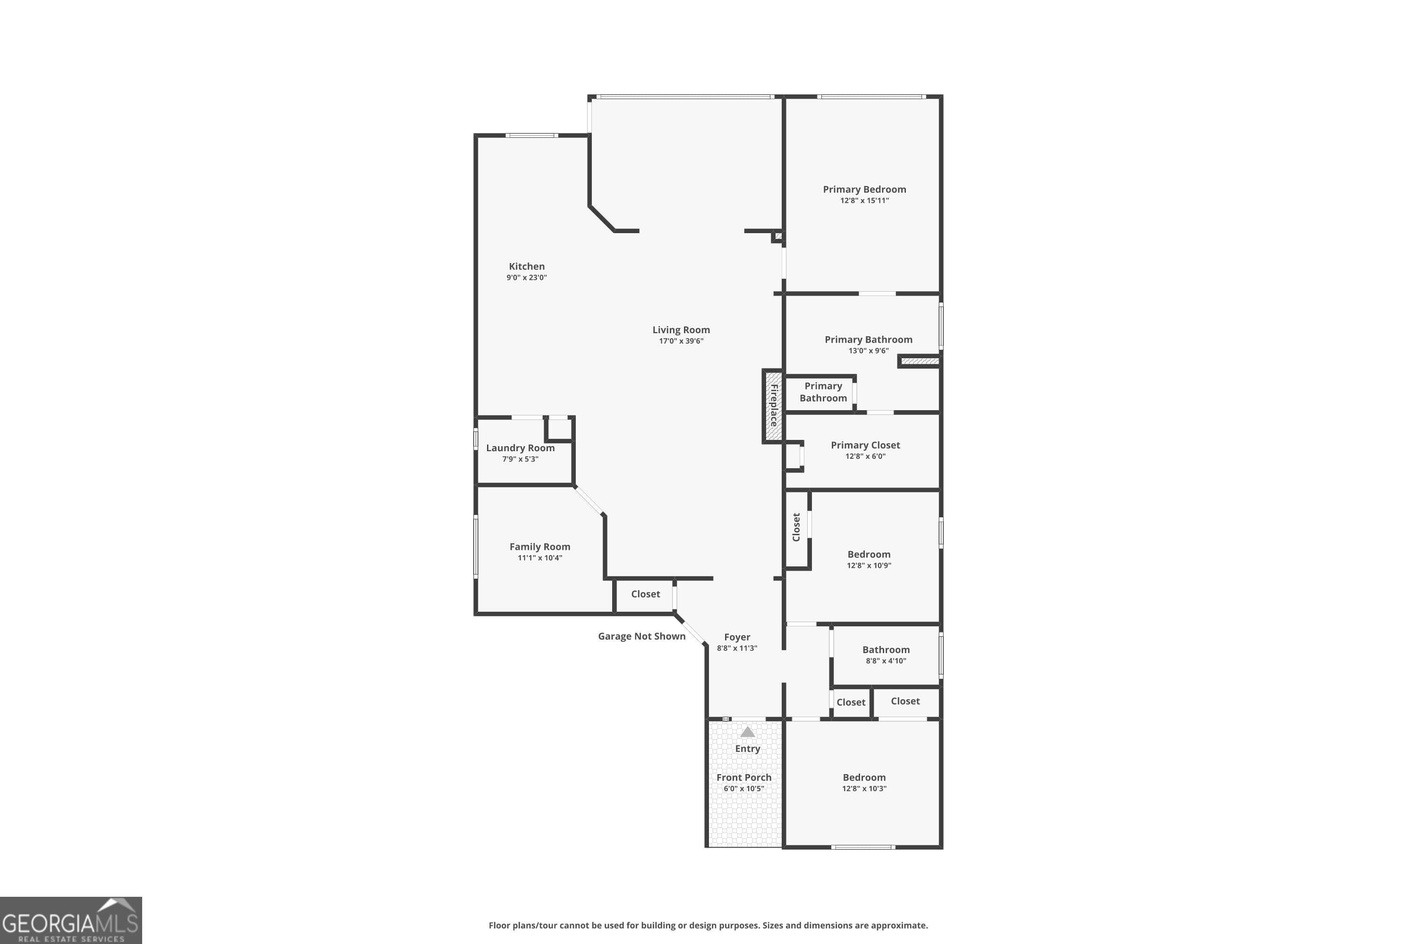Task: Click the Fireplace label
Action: [774, 406]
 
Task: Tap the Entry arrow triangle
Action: [747, 732]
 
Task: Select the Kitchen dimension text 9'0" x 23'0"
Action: [527, 278]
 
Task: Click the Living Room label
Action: [681, 330]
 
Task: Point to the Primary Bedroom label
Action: [864, 189]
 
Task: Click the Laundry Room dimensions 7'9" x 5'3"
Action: [520, 459]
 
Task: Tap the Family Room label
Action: [539, 547]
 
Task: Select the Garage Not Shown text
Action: [641, 636]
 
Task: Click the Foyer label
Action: [737, 637]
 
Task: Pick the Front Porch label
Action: [743, 777]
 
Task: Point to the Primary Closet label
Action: [865, 445]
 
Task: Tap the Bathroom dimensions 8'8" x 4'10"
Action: [886, 661]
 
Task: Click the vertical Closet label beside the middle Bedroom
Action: [796, 527]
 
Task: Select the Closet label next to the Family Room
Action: [645, 594]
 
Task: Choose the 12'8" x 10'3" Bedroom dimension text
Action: [864, 789]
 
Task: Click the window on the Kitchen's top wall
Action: [531, 135]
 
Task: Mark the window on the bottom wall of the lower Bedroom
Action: [863, 847]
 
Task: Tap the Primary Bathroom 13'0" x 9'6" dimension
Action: [868, 351]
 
